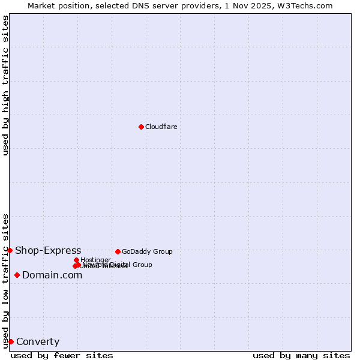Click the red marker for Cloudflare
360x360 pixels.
click(x=141, y=127)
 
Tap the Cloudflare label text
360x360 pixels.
click(x=161, y=127)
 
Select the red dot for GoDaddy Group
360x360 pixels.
click(x=118, y=251)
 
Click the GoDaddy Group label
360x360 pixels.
click(x=147, y=251)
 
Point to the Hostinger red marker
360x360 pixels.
click(x=76, y=260)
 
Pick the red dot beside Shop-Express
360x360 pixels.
click(x=10, y=250)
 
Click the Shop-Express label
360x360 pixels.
click(x=48, y=250)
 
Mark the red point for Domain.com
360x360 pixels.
click(x=17, y=275)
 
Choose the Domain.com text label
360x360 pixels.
click(x=52, y=275)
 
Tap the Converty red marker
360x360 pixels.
click(x=11, y=341)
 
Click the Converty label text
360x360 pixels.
click(x=38, y=342)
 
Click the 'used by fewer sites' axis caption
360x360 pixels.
click(x=62, y=355)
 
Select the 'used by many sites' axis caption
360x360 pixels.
click(x=301, y=355)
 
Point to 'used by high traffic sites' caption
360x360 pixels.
click(x=5, y=85)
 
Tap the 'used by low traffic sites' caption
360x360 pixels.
click(x=5, y=280)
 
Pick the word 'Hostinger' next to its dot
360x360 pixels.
click(x=95, y=260)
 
